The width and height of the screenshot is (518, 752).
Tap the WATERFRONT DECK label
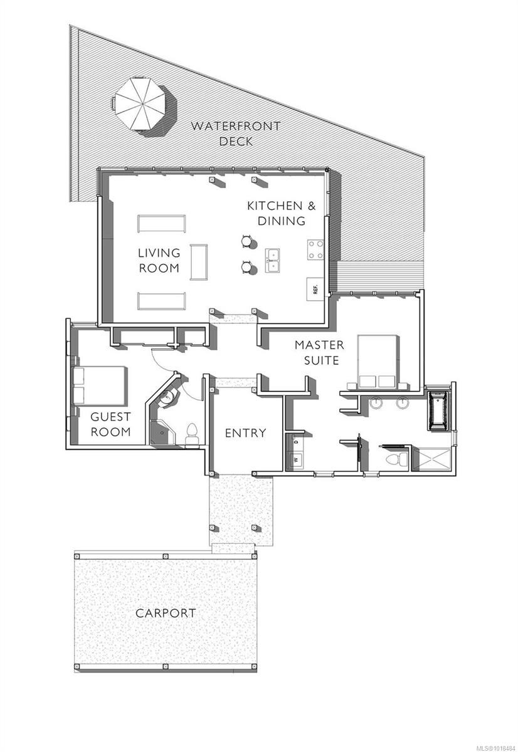click(236, 133)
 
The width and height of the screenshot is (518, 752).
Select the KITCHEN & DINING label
click(276, 213)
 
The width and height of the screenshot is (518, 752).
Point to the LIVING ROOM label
click(159, 261)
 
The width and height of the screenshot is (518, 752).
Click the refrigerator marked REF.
click(315, 289)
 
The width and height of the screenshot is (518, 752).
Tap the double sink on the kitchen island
click(273, 261)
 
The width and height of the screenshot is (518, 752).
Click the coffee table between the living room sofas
click(199, 261)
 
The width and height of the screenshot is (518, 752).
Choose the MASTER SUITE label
click(319, 352)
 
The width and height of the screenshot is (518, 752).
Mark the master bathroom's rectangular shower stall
click(432, 459)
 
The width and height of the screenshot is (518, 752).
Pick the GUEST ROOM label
click(111, 424)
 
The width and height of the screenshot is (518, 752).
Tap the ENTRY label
click(246, 432)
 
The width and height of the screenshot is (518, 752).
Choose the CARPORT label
click(166, 613)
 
